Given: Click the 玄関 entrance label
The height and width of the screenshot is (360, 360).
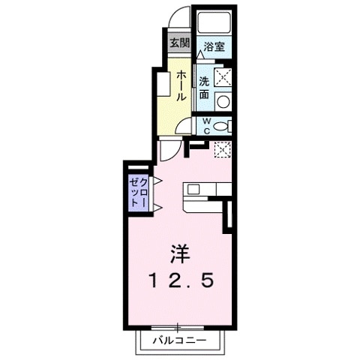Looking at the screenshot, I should [178, 43].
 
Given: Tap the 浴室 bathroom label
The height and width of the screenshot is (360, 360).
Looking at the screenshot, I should [214, 46].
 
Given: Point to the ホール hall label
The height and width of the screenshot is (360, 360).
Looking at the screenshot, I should [181, 87].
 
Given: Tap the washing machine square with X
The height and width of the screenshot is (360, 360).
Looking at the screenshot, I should [223, 76].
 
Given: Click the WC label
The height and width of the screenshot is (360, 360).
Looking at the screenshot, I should [205, 126].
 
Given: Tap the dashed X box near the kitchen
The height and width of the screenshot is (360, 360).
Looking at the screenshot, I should [223, 148].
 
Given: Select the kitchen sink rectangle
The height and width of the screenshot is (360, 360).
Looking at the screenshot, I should [192, 188].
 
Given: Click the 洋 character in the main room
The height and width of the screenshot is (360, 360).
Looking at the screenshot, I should [178, 252].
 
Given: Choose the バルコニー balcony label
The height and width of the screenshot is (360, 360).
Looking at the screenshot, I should [178, 341].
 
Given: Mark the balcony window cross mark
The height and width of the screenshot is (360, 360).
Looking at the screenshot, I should [178, 327].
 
